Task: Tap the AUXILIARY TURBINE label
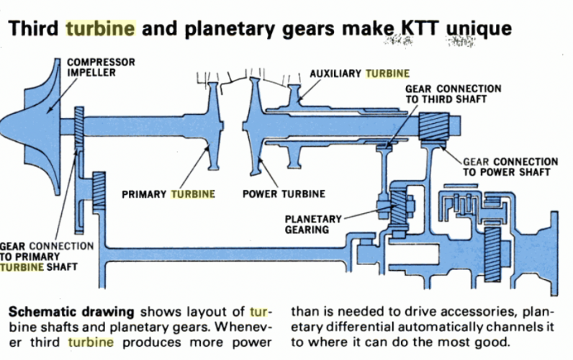(359, 73)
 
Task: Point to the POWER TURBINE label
(284, 194)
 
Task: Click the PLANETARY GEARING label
(307, 224)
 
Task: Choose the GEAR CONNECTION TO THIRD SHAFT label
(453, 94)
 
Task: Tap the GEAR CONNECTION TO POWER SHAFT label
(510, 167)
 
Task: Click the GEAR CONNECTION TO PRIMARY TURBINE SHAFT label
(47, 256)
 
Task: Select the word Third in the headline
(34, 29)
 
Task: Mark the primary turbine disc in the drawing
(212, 127)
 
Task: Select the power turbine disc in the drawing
(253, 125)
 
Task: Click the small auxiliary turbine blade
(294, 94)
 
